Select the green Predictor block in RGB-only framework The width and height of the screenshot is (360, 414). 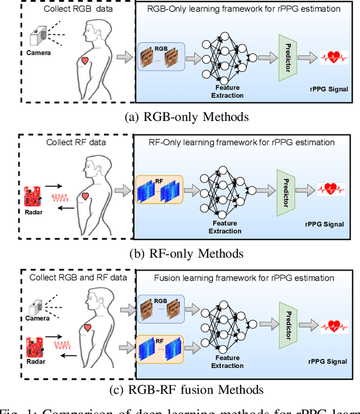pos(287,56)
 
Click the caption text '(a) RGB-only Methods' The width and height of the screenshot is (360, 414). pos(179,116)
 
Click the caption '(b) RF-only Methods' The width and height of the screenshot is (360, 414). pos(179,254)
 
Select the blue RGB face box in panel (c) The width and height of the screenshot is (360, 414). pos(160,308)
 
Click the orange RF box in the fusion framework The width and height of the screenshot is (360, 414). pos(160,349)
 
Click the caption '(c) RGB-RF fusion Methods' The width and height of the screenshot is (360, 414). pos(179,389)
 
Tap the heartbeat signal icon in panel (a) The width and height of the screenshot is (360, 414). pos(334,57)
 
